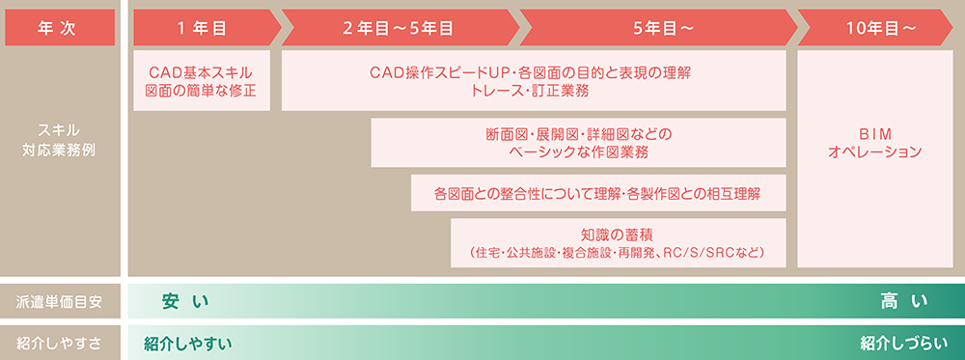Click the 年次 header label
(x=60, y=28)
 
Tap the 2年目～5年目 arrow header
(x=398, y=28)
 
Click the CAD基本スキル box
(x=201, y=82)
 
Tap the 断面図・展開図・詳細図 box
(x=579, y=143)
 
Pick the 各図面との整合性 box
(x=598, y=194)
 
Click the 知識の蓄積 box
(x=619, y=242)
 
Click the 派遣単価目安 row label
(x=60, y=302)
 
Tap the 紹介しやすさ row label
(x=60, y=343)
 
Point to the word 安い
(x=185, y=302)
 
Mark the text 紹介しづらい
(x=905, y=343)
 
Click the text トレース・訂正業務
(x=531, y=92)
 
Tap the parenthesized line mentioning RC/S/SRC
(x=619, y=253)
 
